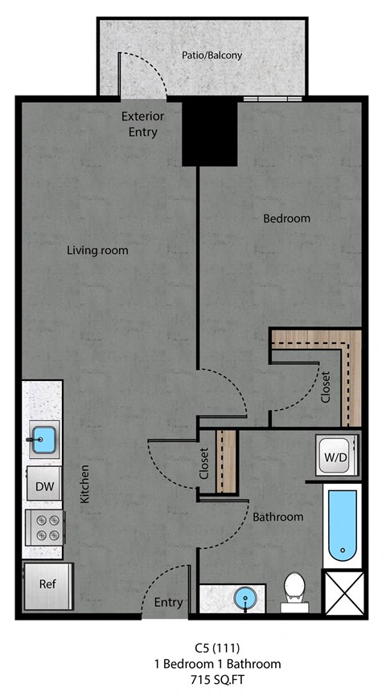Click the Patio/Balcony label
pyautogui.click(x=212, y=55)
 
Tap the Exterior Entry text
pyautogui.click(x=142, y=124)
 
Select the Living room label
pyautogui.click(x=97, y=250)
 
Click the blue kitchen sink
pyautogui.click(x=44, y=439)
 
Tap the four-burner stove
pyautogui.click(x=44, y=529)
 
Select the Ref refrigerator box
pyautogui.click(x=47, y=584)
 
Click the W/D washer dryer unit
pyautogui.click(x=334, y=456)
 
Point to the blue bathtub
pyautogui.click(x=343, y=525)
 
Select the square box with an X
pyautogui.click(x=342, y=594)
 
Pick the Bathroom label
pyautogui.click(x=278, y=516)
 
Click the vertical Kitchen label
pyautogui.click(x=84, y=485)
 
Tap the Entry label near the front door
pyautogui.click(x=168, y=602)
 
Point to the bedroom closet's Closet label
pyautogui.click(x=325, y=387)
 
